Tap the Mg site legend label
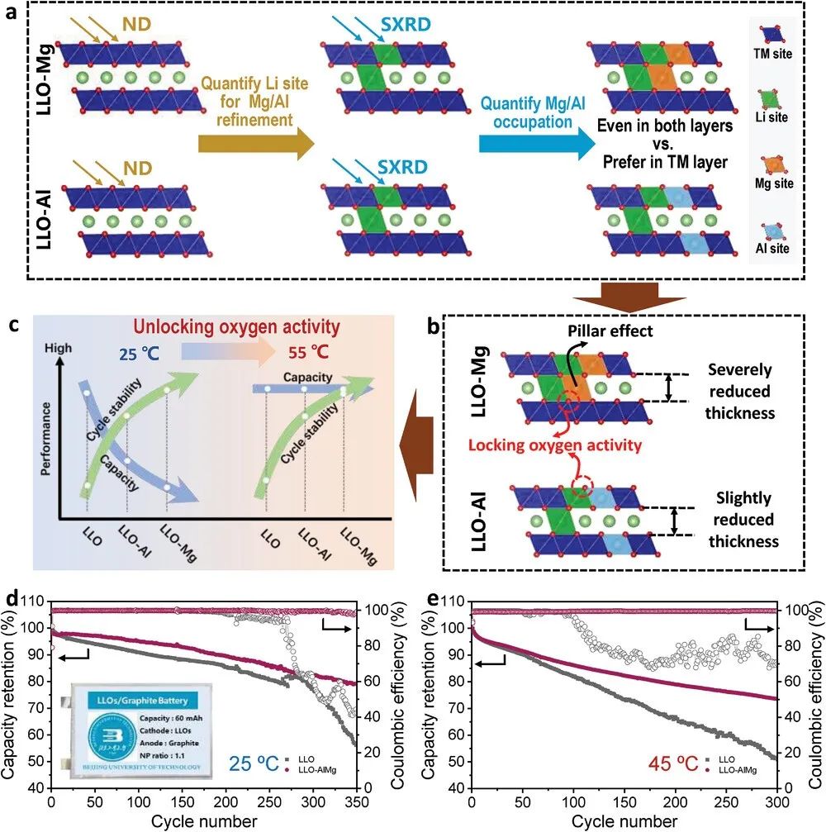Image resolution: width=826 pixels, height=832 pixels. pyautogui.click(x=773, y=183)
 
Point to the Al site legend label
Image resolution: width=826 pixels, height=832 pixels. pyautogui.click(x=773, y=248)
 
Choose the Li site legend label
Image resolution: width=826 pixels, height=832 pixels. pyautogui.click(x=773, y=117)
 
